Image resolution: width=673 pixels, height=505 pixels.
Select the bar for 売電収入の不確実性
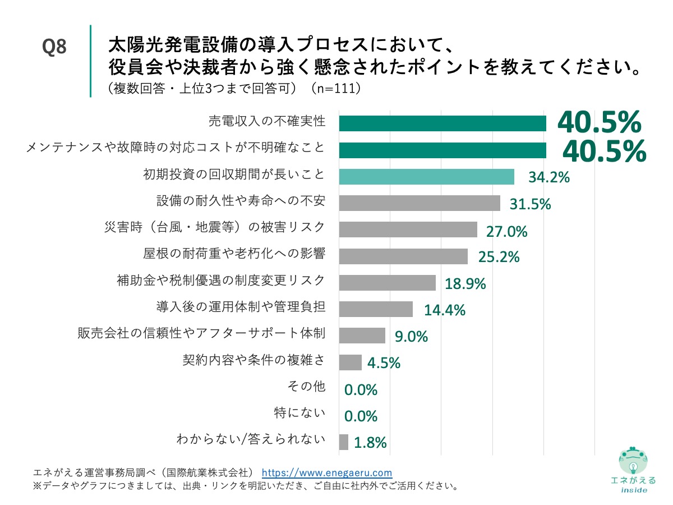[x=442, y=123]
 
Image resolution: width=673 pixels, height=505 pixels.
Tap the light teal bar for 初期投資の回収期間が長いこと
[x=426, y=176]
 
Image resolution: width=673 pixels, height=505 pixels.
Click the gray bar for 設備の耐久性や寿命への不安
[x=420, y=203]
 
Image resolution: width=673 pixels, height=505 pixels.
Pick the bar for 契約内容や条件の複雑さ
[x=351, y=362]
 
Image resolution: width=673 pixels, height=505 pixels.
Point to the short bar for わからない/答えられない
[x=344, y=442]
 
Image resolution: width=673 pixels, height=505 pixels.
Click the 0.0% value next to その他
[x=361, y=389]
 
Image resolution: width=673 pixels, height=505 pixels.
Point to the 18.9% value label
[x=465, y=283]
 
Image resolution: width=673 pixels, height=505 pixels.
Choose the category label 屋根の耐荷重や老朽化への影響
[x=234, y=254]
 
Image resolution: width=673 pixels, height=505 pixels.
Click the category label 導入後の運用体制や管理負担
[x=241, y=307]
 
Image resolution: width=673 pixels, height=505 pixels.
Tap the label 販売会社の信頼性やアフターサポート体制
[x=201, y=333]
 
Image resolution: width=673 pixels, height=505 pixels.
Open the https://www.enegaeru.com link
[x=327, y=472]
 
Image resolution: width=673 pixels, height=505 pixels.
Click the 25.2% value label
[x=499, y=257]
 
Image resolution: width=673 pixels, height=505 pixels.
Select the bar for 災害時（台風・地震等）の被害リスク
[x=408, y=229]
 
